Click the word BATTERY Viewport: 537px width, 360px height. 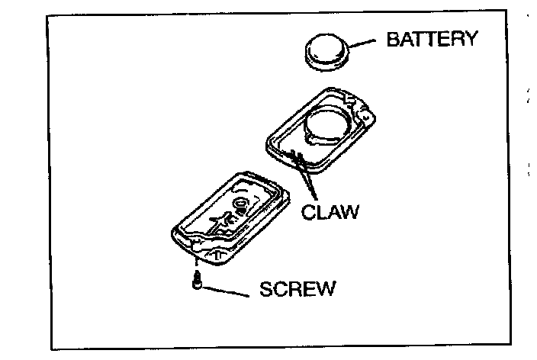(x=432, y=39)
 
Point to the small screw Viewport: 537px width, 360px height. (x=197, y=283)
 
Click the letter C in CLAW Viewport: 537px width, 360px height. (x=308, y=211)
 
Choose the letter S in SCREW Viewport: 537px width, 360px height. (x=264, y=291)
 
